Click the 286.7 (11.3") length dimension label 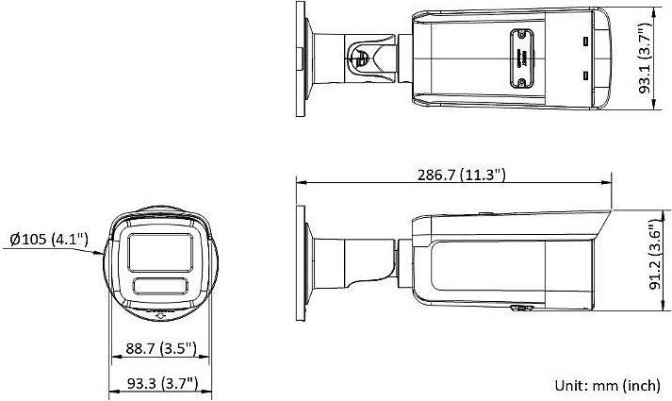[x=461, y=174]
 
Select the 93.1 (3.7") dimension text [x=645, y=59]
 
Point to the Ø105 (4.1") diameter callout [x=50, y=239]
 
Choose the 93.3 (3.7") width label [x=160, y=383]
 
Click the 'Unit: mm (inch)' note [x=607, y=385]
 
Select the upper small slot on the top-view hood [x=585, y=42]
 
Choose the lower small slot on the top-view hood [x=585, y=76]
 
